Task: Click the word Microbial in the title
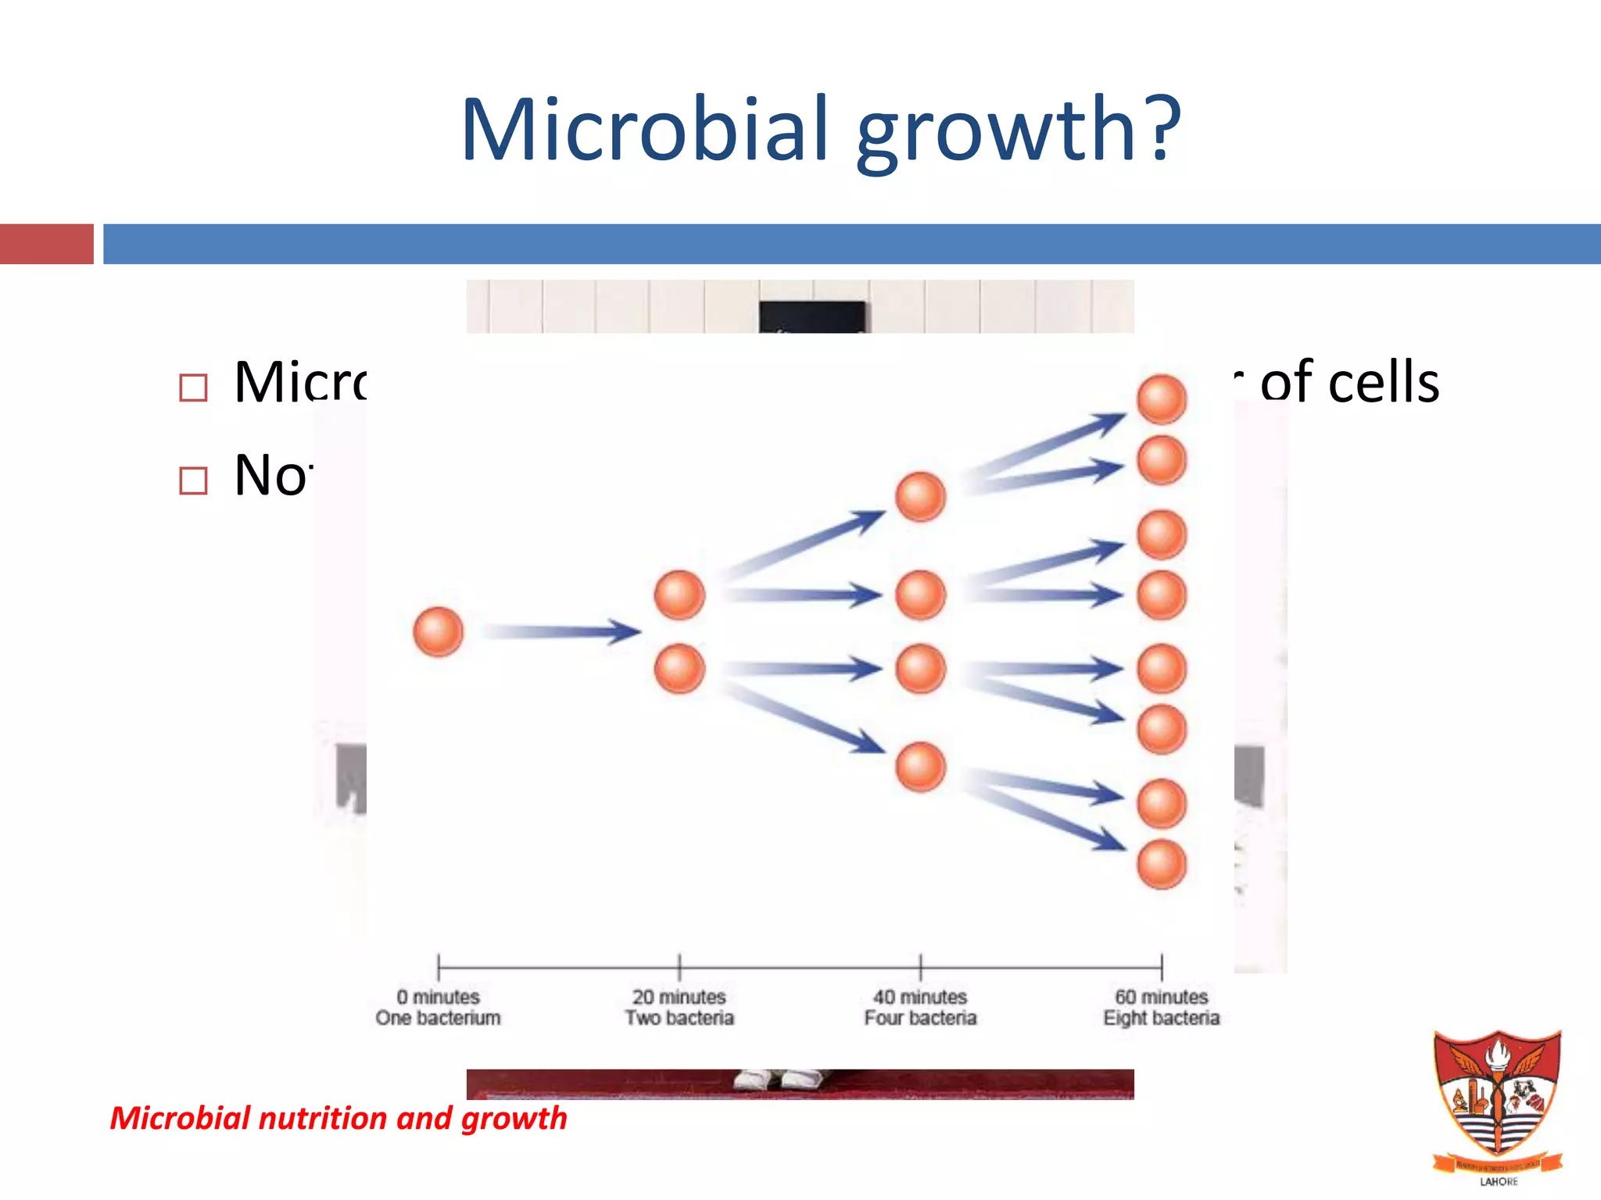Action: coord(644,130)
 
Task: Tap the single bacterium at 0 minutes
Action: coord(438,631)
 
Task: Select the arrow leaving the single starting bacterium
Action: coord(561,631)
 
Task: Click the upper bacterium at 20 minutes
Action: coord(679,595)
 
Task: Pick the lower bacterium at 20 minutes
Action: coord(679,669)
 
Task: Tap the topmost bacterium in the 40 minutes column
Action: coord(920,497)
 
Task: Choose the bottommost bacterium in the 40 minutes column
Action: coord(920,766)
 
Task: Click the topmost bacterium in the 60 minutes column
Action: coord(1162,399)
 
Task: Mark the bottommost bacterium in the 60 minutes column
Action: coord(1162,864)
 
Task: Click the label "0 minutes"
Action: coord(438,997)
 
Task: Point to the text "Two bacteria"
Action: coord(679,1018)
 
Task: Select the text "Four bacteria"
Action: coord(920,1018)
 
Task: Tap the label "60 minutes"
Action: coord(1161,997)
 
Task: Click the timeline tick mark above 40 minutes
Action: coord(920,967)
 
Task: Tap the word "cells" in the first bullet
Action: coord(1384,383)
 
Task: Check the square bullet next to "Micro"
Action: coord(193,387)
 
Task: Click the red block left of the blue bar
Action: coord(46,244)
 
